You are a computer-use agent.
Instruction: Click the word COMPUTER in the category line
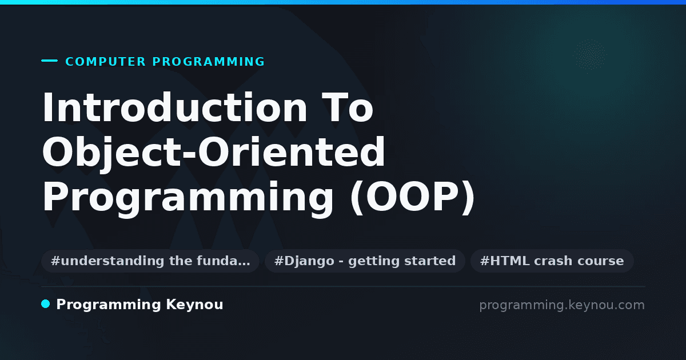(106, 62)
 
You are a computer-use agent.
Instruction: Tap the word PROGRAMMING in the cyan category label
(209, 62)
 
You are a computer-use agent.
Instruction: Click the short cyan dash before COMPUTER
(49, 61)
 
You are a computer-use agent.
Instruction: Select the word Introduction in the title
(174, 107)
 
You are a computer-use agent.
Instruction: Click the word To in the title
(348, 107)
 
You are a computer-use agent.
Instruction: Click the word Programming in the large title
(188, 198)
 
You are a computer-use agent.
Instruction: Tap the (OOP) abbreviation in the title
(413, 198)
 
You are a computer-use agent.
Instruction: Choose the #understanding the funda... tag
(150, 261)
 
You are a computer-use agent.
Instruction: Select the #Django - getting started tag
(365, 261)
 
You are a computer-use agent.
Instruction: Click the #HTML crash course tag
(552, 261)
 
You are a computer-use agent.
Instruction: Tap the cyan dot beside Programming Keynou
(46, 304)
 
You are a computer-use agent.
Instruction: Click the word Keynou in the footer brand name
(194, 305)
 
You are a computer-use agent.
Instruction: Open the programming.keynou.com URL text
(562, 305)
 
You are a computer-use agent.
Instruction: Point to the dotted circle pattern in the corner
(589, 54)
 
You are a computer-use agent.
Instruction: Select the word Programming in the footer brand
(109, 305)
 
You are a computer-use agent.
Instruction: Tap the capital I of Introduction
(47, 107)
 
